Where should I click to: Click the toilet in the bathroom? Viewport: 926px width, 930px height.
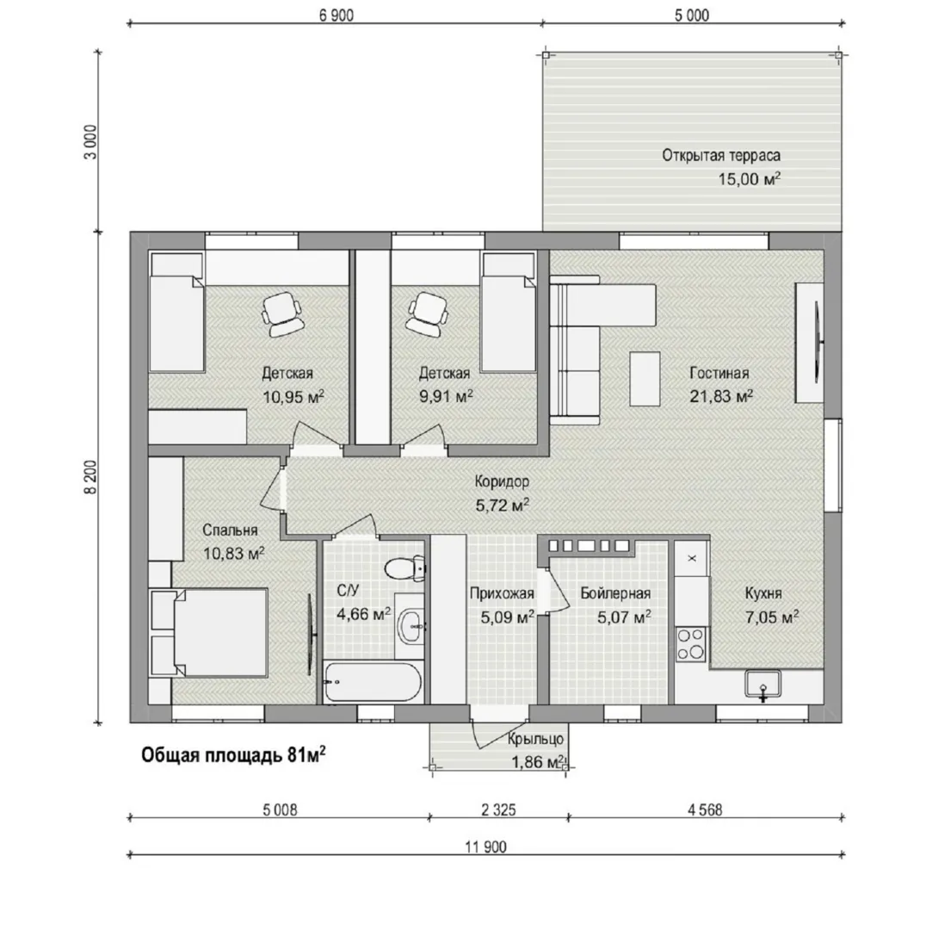(404, 569)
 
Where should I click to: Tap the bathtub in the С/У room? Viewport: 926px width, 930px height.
(373, 683)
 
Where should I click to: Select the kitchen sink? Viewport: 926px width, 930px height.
(763, 685)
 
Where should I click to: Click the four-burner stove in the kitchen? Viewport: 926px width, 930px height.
(691, 645)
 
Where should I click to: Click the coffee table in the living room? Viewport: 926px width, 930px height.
(645, 378)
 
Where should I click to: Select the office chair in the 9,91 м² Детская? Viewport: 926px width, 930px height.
(426, 313)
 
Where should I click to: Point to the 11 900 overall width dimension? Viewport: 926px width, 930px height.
(486, 847)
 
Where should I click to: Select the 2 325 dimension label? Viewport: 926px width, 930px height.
(498, 809)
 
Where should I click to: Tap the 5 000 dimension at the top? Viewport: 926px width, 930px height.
(692, 15)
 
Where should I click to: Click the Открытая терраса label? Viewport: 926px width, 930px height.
(721, 155)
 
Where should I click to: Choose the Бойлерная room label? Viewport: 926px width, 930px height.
(615, 593)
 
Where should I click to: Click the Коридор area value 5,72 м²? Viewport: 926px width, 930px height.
(502, 505)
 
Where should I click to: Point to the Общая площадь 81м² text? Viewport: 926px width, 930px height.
(233, 755)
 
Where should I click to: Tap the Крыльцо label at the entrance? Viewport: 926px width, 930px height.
(535, 740)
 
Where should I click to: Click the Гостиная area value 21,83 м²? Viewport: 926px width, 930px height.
(721, 395)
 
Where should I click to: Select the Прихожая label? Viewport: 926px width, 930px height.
(502, 593)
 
